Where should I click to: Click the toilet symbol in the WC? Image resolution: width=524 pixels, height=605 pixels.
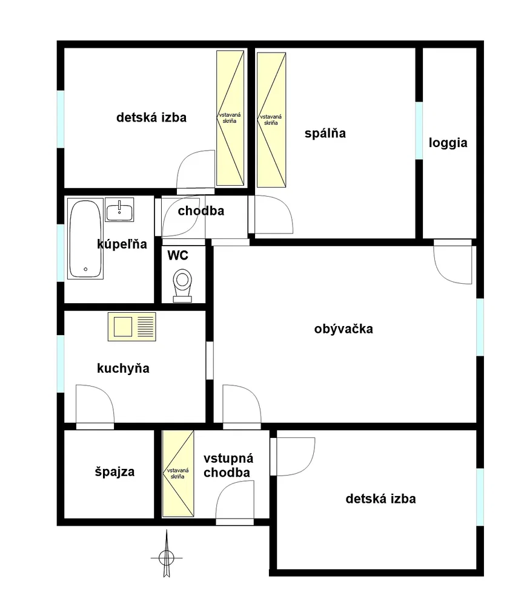pyautogui.click(x=182, y=286)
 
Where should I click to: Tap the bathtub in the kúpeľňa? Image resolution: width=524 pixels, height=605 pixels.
pyautogui.click(x=85, y=238)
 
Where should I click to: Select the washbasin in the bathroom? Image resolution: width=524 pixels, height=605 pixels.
pyautogui.click(x=119, y=209)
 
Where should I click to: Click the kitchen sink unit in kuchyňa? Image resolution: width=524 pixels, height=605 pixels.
pyautogui.click(x=132, y=327)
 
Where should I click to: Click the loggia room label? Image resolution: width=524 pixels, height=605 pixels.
pyautogui.click(x=448, y=143)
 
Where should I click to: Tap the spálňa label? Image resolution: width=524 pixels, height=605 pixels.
pyautogui.click(x=325, y=134)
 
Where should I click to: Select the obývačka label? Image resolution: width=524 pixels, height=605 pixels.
pyautogui.click(x=343, y=329)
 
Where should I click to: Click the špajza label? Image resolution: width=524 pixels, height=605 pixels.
pyautogui.click(x=114, y=472)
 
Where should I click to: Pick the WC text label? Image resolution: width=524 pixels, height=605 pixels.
pyautogui.click(x=177, y=255)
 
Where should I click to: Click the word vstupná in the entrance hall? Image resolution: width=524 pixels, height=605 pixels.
pyautogui.click(x=228, y=459)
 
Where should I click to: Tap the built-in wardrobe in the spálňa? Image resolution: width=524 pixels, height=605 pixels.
pyautogui.click(x=271, y=120)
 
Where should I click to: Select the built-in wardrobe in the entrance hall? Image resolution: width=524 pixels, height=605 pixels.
pyautogui.click(x=177, y=474)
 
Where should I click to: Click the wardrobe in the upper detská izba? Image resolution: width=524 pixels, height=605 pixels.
pyautogui.click(x=230, y=118)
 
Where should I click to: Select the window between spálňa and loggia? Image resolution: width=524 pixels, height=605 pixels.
pyautogui.click(x=419, y=131)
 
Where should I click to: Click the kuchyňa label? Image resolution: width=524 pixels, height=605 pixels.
pyautogui.click(x=123, y=368)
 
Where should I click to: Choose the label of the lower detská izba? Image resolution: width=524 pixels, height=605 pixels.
pyautogui.click(x=380, y=499)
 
